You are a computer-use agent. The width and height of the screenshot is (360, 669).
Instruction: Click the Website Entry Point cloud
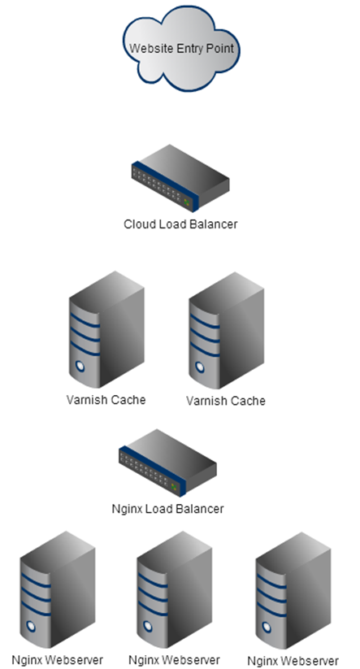pos(181,48)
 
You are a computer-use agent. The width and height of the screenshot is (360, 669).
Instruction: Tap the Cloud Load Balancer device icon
pos(180,178)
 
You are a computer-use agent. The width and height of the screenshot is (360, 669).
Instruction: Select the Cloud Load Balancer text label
pos(180,224)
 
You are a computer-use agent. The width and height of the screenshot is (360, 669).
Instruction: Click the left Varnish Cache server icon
pos(106,329)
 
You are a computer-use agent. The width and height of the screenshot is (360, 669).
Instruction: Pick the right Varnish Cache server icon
pos(227,330)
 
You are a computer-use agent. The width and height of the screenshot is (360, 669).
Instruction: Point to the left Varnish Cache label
pos(106,400)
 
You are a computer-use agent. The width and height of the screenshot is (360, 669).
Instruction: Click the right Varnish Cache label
pos(226,401)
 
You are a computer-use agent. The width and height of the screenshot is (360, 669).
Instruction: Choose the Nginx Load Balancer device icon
pos(167,463)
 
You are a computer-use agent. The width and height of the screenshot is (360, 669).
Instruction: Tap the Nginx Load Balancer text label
pos(167,509)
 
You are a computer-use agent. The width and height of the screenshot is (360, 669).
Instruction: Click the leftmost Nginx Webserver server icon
pos(58,589)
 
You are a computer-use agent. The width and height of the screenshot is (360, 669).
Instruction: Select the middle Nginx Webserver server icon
pos(175,589)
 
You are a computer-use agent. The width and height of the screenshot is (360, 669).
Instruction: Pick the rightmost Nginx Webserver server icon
pos(293,590)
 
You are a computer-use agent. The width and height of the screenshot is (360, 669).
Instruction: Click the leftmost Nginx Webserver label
pos(57,659)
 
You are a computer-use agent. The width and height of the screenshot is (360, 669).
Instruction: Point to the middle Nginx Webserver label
pos(174,659)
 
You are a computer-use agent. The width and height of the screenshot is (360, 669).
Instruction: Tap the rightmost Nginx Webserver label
pos(293,661)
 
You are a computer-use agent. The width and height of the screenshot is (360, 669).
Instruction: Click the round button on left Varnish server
pos(80,366)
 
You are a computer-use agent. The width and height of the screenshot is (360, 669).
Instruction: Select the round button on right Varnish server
pos(200,367)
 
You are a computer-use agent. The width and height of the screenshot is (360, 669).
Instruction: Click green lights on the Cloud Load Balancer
pos(186,202)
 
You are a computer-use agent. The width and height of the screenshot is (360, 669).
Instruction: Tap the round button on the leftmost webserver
pos(31,627)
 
